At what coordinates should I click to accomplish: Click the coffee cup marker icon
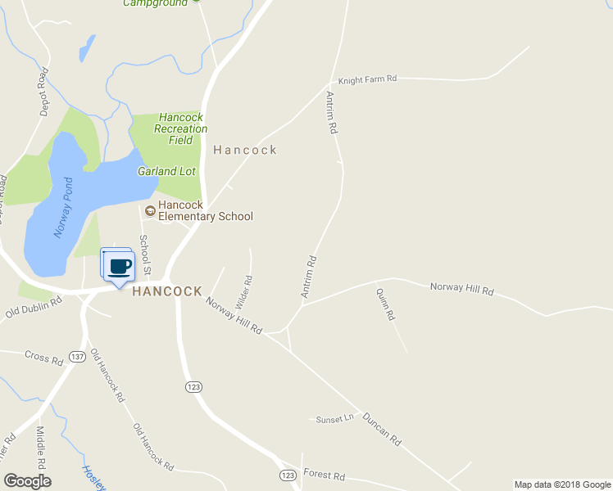[120, 266]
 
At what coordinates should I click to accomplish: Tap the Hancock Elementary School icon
[150, 210]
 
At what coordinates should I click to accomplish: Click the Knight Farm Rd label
[367, 79]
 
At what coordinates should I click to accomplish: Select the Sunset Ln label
[334, 419]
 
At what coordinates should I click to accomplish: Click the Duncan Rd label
[382, 427]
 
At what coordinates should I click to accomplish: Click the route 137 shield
[78, 357]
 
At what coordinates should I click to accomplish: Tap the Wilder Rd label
[243, 291]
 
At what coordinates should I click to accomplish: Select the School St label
[145, 255]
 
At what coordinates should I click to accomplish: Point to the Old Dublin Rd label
[34, 307]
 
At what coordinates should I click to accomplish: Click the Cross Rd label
[43, 357]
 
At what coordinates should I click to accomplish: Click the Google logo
[27, 481]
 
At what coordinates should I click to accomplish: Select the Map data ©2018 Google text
[561, 484]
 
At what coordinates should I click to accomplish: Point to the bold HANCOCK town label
[166, 291]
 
